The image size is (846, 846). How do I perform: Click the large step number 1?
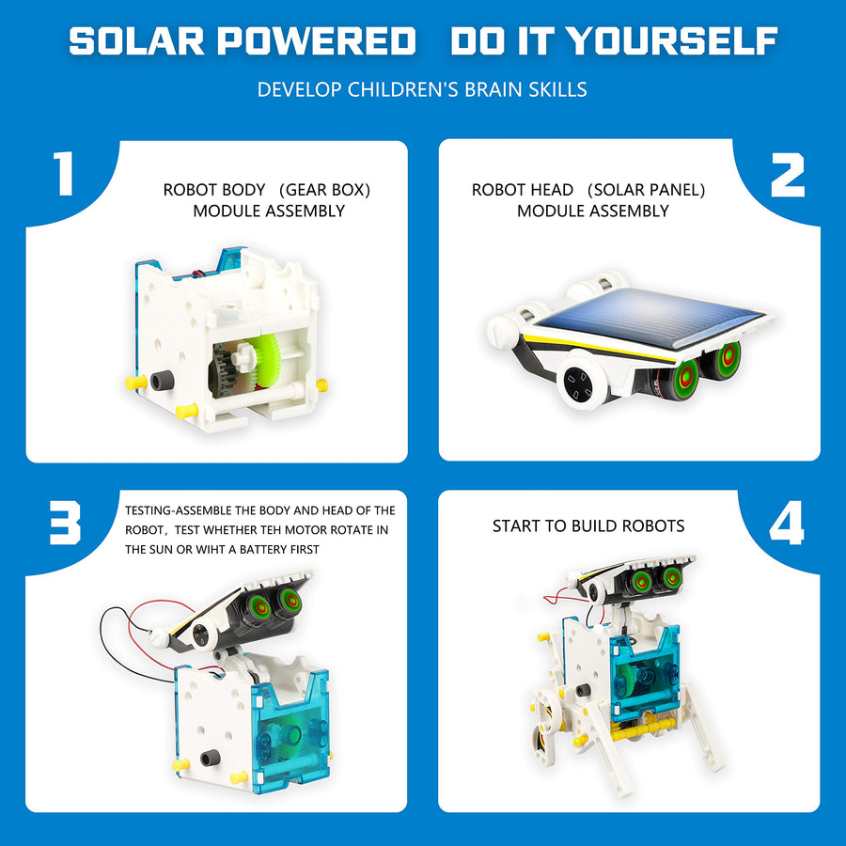(63, 174)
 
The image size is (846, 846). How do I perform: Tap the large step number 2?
(788, 174)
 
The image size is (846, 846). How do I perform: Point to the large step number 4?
(787, 524)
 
